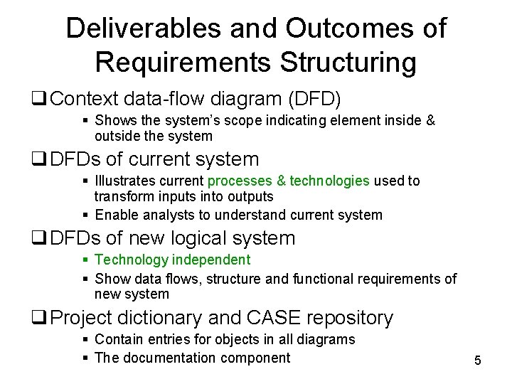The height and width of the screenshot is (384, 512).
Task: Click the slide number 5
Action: [x=478, y=361]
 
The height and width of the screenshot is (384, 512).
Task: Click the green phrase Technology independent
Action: [x=172, y=260]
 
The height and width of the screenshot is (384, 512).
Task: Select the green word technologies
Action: [x=329, y=181]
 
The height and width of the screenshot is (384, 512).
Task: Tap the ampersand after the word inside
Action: [x=430, y=121]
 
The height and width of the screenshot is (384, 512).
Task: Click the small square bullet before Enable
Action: [x=85, y=215]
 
